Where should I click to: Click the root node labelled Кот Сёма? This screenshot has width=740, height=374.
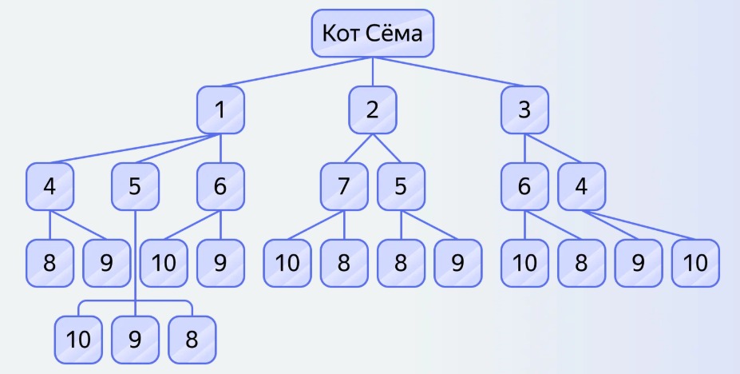[372, 34]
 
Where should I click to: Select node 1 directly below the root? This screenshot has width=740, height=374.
[220, 109]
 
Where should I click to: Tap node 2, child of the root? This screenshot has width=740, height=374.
[372, 109]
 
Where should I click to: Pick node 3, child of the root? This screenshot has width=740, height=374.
[524, 109]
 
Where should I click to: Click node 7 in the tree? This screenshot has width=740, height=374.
[344, 186]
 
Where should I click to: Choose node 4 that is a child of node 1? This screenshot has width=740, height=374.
[49, 186]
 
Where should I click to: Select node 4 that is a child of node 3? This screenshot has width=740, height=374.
[581, 186]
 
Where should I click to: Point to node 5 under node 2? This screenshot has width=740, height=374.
[401, 186]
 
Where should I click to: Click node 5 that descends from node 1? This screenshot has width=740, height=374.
[135, 186]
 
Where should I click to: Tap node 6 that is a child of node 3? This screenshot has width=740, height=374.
[524, 186]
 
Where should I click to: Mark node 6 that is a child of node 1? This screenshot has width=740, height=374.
[220, 186]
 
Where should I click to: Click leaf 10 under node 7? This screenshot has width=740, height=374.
[287, 263]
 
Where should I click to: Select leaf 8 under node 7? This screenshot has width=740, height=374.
[344, 263]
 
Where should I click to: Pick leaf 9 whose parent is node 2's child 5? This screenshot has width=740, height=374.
[457, 263]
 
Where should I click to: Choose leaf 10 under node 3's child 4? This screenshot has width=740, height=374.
[695, 263]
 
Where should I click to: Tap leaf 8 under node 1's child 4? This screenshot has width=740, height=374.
[49, 263]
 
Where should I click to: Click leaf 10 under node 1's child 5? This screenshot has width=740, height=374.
[78, 340]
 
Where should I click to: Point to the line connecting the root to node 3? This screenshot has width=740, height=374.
[449, 72]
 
